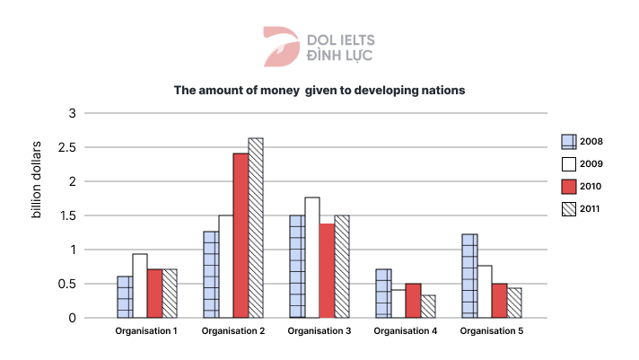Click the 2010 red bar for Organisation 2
pos(241,235)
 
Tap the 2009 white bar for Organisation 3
pos(311,258)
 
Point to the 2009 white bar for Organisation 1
pos(139,285)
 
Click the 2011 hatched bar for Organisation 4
pos(427,306)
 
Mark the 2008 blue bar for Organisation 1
pos(124,296)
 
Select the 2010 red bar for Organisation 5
pos(498,301)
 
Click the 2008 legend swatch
pos(568,141)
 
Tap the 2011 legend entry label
pos(591,209)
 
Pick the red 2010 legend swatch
pos(568,187)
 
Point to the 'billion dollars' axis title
pos(37,180)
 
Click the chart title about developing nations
pos(319,91)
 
